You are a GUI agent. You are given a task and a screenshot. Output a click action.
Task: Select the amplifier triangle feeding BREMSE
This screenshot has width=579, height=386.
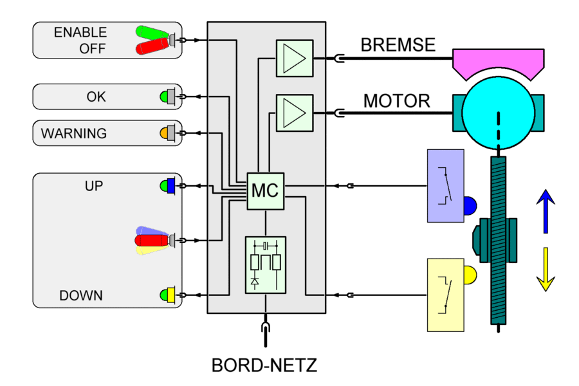pos(294,59)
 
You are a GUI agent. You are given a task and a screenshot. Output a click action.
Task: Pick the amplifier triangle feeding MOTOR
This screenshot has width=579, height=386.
pos(294,113)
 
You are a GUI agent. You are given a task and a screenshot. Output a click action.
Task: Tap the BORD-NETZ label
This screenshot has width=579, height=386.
pos(264,365)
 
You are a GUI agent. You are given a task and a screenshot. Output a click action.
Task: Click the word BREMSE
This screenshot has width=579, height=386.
pos(398,45)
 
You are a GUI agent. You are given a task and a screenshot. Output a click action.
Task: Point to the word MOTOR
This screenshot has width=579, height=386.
pos(396,101)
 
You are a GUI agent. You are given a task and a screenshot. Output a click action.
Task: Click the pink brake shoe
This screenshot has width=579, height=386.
pos(499,61)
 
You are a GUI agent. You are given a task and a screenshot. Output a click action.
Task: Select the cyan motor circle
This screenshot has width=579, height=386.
pos(499,106)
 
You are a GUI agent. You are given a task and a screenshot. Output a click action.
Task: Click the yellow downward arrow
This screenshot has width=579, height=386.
pos(545,269)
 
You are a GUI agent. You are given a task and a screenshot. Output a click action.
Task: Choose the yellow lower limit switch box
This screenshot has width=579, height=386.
pos(445,294)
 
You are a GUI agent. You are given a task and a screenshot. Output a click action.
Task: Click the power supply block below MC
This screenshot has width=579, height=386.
pos(265,264)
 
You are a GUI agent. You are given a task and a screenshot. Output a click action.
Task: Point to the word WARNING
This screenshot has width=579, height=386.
pos(74,134)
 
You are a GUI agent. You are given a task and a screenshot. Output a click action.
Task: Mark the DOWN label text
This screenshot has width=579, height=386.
pos(81,296)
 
